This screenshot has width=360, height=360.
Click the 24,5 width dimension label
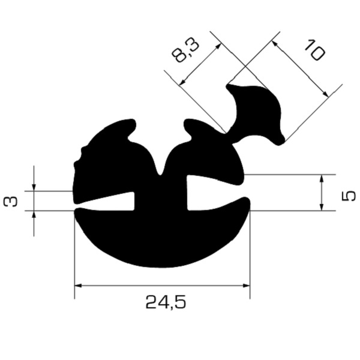(166, 303)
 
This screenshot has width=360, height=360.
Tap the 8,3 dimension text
(185, 52)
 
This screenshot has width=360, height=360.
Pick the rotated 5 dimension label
(348, 197)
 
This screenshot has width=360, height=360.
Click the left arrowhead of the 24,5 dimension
(78, 286)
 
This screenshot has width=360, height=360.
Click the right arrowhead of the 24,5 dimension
(247, 286)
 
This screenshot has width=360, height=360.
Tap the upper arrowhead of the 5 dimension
(322, 178)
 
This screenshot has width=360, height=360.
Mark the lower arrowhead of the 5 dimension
(322, 207)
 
